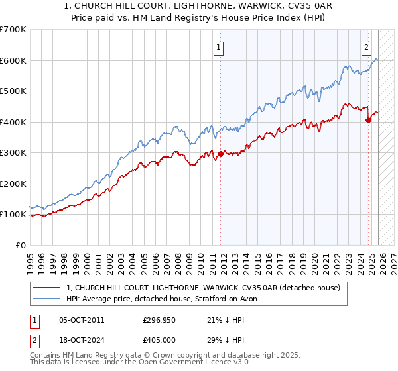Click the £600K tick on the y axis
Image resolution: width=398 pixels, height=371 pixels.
point(13,60)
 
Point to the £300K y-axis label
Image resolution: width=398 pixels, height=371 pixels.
point(13,152)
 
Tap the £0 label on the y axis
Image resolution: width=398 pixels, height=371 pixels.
point(21,245)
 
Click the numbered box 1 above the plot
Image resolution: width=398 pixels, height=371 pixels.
point(218,46)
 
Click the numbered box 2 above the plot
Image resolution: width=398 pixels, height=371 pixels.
point(366,46)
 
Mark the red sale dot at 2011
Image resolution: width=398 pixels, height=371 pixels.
point(220,154)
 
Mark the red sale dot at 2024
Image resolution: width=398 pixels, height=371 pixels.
point(368,120)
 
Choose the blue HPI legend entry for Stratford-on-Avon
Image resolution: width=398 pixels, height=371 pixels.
point(166,299)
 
